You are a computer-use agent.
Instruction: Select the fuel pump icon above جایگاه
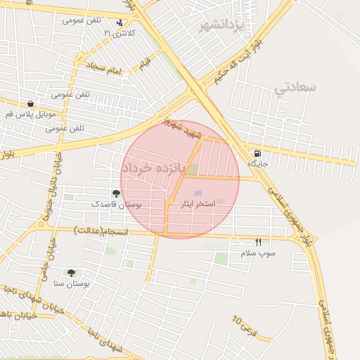point(257,153)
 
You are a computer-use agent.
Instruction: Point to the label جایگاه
point(257,163)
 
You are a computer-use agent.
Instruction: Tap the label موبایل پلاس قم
point(29,114)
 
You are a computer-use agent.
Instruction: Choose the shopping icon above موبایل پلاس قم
point(29,104)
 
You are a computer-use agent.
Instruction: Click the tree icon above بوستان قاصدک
point(116,193)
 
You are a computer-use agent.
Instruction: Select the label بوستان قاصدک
point(117,204)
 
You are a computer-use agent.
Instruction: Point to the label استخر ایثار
point(197,204)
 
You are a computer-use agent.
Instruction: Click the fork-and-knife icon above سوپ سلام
point(258,242)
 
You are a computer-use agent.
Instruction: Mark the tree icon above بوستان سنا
point(71,272)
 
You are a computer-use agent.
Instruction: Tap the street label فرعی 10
point(244,326)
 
